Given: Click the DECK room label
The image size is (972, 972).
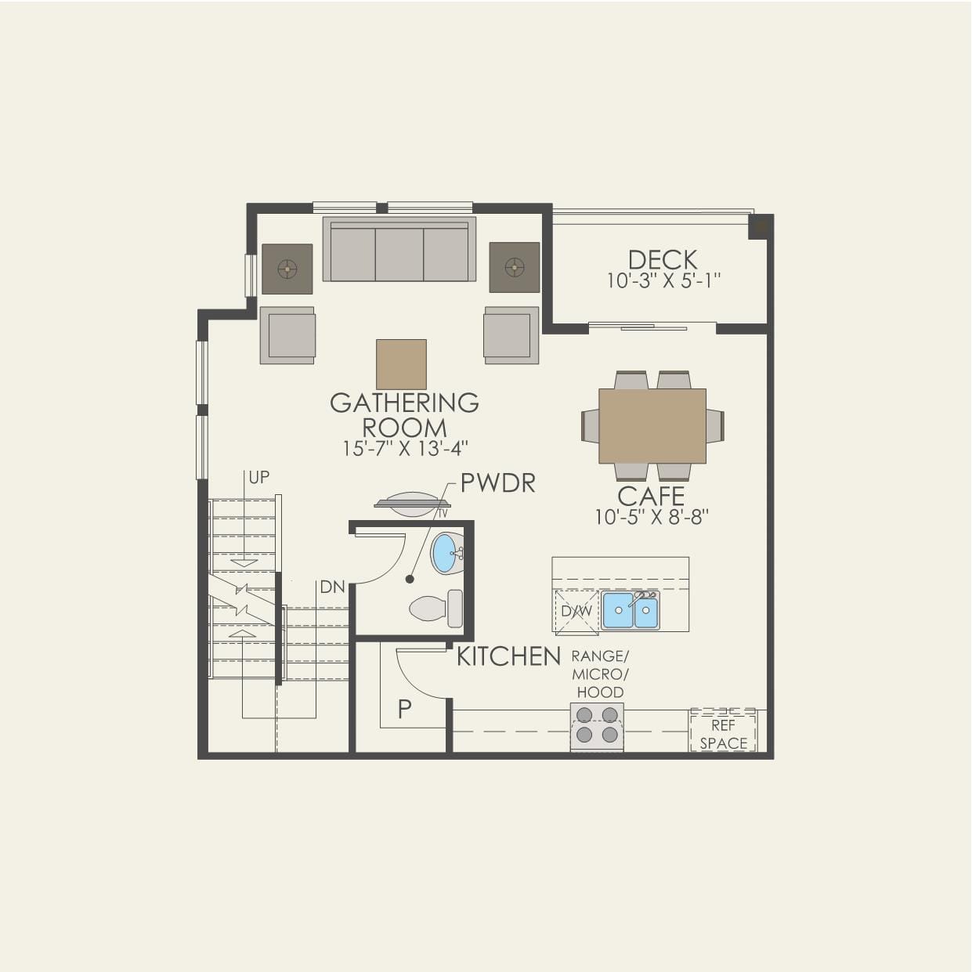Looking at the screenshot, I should pyautogui.click(x=663, y=259).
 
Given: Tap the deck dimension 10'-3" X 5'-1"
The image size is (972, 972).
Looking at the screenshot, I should pyautogui.click(x=663, y=280).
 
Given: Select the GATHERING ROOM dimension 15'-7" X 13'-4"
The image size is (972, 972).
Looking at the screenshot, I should pyautogui.click(x=405, y=448).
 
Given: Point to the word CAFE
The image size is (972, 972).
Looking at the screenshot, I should pyautogui.click(x=651, y=496).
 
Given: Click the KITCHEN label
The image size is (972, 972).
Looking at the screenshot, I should pyautogui.click(x=508, y=656).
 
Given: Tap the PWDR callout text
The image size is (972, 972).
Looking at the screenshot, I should pyautogui.click(x=497, y=483).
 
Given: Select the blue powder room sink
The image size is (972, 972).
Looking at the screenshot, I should pyautogui.click(x=446, y=553).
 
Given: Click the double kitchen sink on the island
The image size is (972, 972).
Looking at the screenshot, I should pyautogui.click(x=631, y=610).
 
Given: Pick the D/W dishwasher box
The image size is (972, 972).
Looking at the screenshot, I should pyautogui.click(x=576, y=611).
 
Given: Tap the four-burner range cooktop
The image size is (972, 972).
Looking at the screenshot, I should pyautogui.click(x=597, y=725).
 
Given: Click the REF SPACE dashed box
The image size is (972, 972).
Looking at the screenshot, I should pyautogui.click(x=723, y=732).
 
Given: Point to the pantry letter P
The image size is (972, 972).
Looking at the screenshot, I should pyautogui.click(x=404, y=710).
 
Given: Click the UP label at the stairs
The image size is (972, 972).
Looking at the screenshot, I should pyautogui.click(x=258, y=477).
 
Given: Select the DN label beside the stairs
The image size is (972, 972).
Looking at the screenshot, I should pyautogui.click(x=332, y=587).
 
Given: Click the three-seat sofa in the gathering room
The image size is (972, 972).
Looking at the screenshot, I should pyautogui.click(x=399, y=250).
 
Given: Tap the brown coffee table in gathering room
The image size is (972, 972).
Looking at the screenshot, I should pyautogui.click(x=401, y=364).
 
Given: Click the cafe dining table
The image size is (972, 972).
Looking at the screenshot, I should pyautogui.click(x=652, y=426).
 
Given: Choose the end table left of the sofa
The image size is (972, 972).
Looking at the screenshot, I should pyautogui.click(x=287, y=269).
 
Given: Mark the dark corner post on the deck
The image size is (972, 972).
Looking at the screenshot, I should pyautogui.click(x=760, y=226).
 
